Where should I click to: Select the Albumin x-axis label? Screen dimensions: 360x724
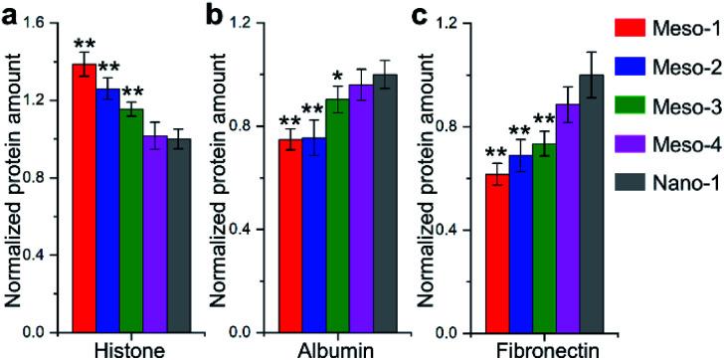(x=338, y=350)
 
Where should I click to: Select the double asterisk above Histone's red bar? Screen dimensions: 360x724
(x=84, y=45)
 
